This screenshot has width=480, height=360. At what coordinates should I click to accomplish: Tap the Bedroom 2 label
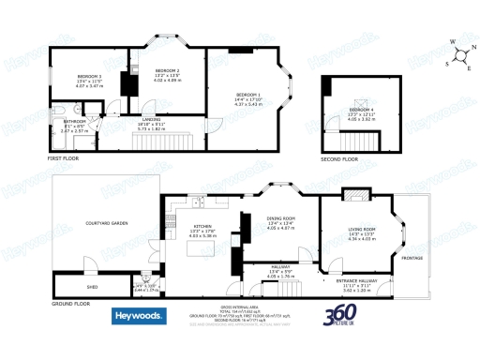pos(166,70)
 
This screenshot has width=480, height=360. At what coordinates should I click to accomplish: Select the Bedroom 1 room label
pos(247,95)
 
